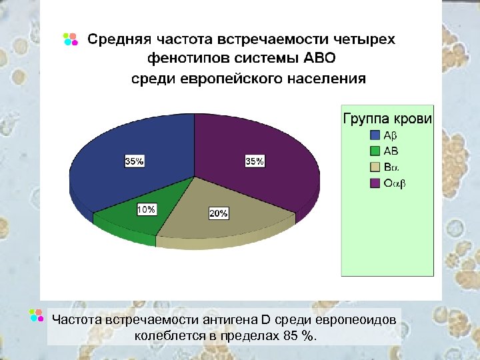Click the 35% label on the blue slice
coord(134,161)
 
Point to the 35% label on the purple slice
coord(255,161)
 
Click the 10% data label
coord(147,209)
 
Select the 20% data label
coord(219,213)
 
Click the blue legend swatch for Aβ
coord(375,135)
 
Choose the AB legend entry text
coord(391,151)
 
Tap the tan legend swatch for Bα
coord(375,167)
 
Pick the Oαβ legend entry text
coord(394,183)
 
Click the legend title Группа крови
coord(387,119)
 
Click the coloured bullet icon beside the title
coord(70,39)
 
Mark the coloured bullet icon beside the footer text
coord(38,316)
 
